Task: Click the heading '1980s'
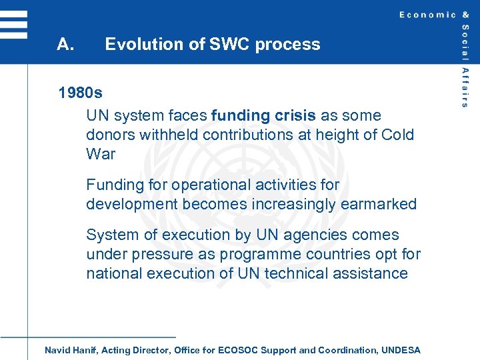click(80, 91)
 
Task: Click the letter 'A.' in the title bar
click(65, 45)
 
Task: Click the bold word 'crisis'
click(295, 115)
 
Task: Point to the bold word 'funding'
click(241, 115)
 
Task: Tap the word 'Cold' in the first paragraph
click(397, 135)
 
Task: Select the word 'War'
click(101, 154)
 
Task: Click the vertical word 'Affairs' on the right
click(465, 87)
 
